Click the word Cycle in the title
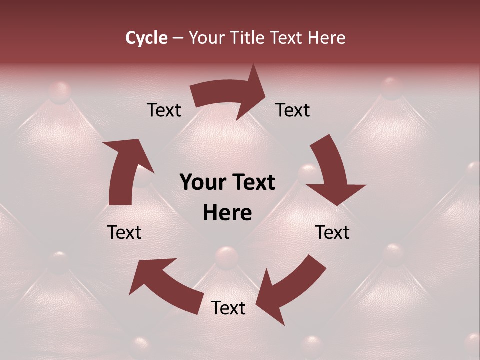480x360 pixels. pos(146,38)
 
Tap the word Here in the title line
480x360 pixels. pos(327,38)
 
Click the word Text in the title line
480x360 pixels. pos(287,38)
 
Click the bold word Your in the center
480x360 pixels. pos(202,183)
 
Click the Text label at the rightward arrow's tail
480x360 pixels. pos(164,110)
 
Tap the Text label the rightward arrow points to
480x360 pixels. pos(293,110)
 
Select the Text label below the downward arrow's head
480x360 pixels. pos(332,232)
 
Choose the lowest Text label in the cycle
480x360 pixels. pos(228,308)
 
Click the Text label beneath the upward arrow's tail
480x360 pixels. pos(124,232)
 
